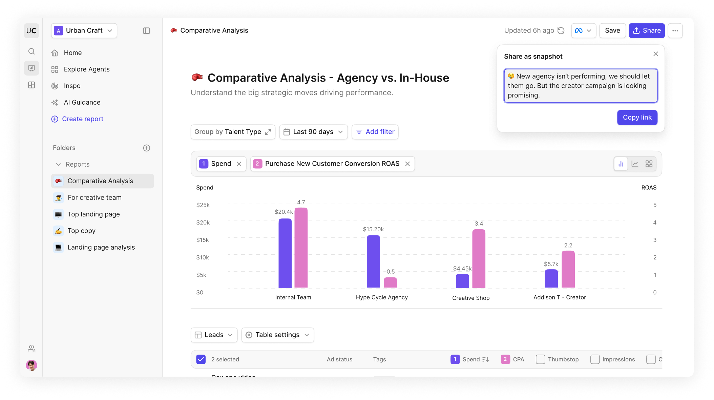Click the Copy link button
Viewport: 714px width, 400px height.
(637, 118)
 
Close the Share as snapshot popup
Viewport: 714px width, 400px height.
(656, 54)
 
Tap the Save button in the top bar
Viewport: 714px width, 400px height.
(612, 30)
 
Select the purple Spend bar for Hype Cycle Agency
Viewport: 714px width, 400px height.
(373, 261)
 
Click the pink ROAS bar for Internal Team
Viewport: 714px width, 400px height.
(301, 248)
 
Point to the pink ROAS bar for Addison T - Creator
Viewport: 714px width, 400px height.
(568, 269)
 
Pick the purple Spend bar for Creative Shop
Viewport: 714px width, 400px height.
(462, 281)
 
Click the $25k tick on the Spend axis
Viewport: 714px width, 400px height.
(203, 205)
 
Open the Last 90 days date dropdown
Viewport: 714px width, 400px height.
(313, 132)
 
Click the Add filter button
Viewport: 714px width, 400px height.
(375, 132)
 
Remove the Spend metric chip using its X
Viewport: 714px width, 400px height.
(239, 164)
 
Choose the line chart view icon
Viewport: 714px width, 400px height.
(635, 164)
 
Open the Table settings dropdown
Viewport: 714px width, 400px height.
(277, 335)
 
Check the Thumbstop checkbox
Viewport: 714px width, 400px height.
(541, 359)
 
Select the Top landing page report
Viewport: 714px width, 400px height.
(93, 214)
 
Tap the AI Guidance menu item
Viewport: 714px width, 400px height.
(82, 102)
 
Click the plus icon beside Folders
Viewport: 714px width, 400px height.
(147, 148)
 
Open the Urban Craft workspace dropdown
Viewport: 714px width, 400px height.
(84, 30)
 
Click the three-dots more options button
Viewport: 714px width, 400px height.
(675, 30)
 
